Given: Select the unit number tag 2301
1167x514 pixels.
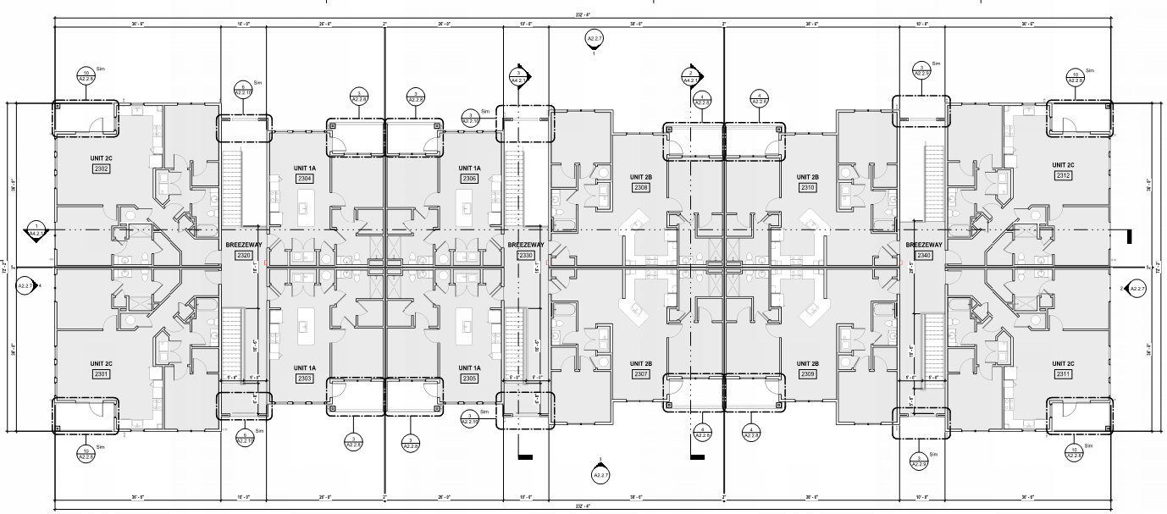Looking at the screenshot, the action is (102, 374).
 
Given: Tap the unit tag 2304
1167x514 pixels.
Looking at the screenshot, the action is (305, 180).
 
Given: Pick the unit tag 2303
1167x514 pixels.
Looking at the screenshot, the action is (305, 379).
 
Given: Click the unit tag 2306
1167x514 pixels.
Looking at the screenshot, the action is (470, 180).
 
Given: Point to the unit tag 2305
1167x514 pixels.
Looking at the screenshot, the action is (470, 379).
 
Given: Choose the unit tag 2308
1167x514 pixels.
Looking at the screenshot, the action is (640, 187).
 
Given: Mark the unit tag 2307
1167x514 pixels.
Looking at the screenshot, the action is (640, 373).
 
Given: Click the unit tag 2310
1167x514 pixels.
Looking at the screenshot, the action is (807, 187).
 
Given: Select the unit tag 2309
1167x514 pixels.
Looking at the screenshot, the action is (807, 373).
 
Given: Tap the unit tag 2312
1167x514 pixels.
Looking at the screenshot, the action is (1064, 175).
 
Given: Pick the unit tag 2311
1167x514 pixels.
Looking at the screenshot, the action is (1064, 373).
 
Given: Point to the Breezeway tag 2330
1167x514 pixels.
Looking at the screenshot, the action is (526, 255).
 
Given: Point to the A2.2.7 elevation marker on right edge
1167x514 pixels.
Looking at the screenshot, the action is (1137, 290).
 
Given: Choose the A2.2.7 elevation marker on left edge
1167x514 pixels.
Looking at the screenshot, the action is (25, 286).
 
